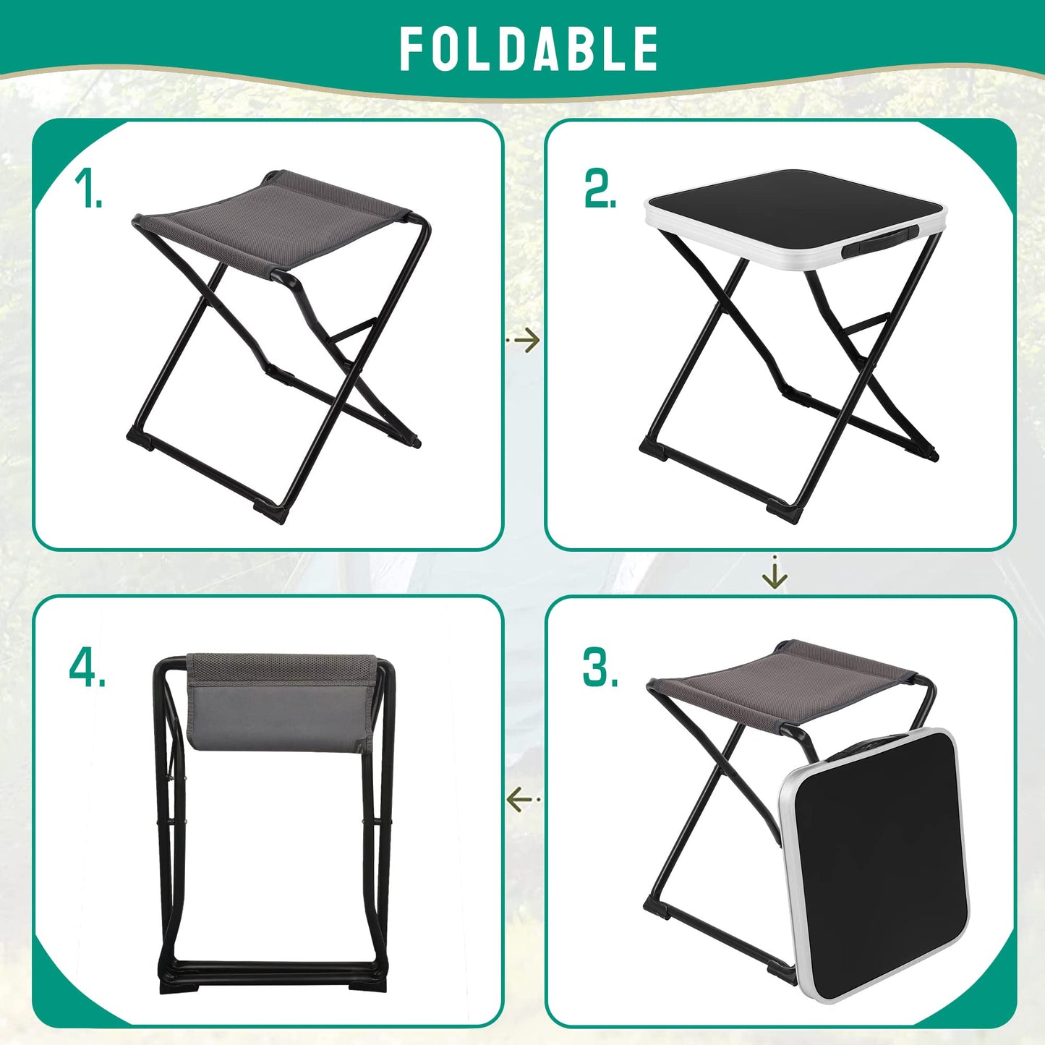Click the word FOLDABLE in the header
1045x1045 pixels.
point(529,49)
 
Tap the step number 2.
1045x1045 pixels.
point(600,190)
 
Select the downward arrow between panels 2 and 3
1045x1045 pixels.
point(775,574)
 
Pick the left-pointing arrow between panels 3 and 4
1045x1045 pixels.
point(521,800)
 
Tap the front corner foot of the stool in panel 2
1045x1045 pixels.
point(785,511)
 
